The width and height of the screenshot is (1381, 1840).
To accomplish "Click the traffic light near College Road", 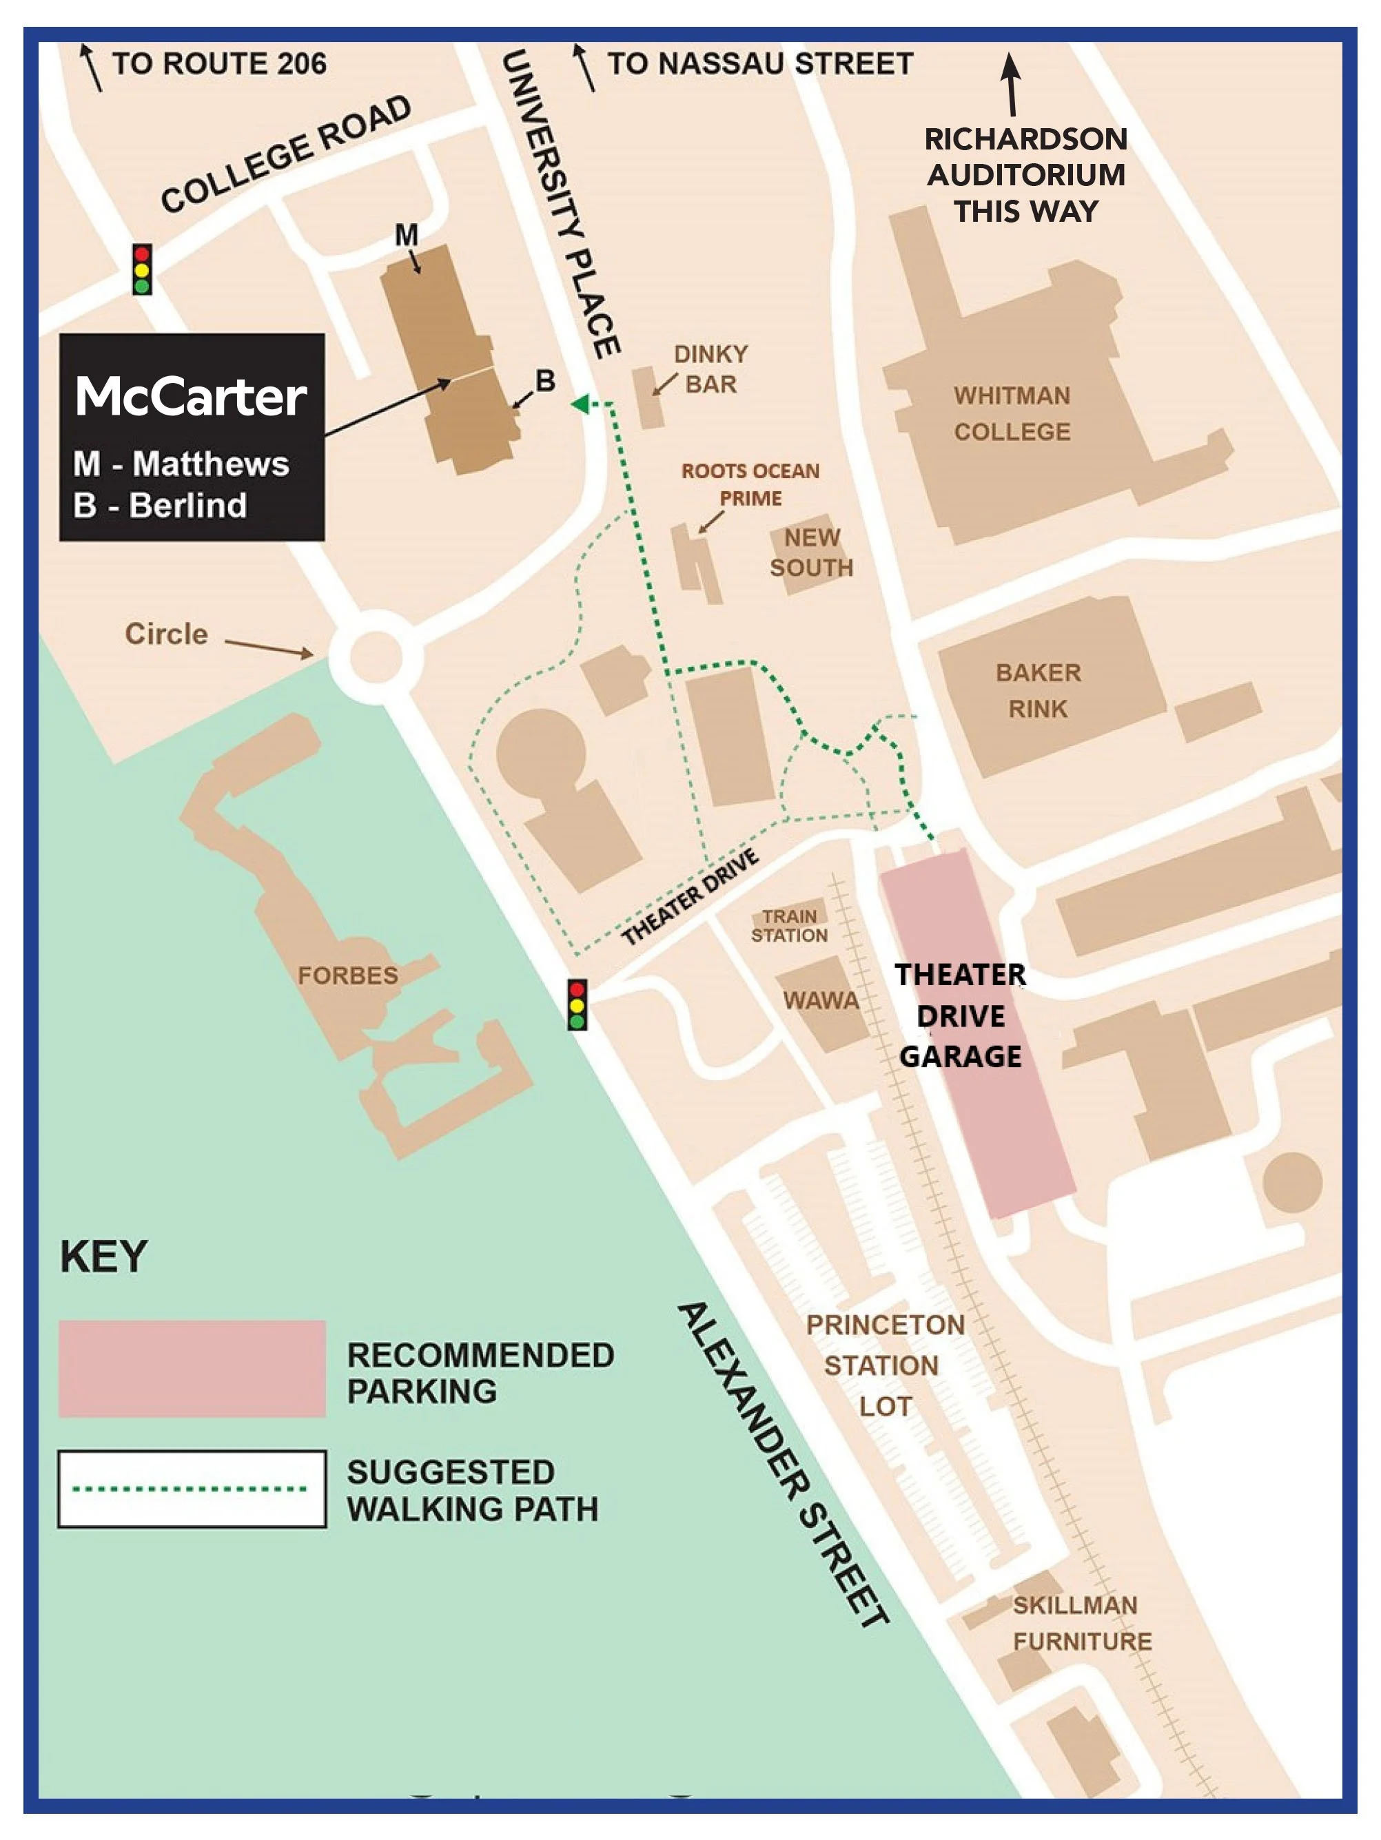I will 142,269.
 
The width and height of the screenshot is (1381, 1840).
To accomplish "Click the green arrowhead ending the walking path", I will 580,404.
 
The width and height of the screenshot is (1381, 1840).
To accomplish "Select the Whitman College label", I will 1012,413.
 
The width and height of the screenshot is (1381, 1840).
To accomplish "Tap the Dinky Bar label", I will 710,369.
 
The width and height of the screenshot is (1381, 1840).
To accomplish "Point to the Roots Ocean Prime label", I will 750,484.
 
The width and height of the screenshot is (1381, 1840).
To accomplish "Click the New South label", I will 811,552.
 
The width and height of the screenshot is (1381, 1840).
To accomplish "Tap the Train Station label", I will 790,925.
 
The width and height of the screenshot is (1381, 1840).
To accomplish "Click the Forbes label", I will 348,975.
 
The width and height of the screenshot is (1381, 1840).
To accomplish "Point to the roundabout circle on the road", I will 376,657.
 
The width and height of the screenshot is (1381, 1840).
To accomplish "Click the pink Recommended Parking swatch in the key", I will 192,1368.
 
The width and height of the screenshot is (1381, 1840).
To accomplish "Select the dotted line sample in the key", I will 192,1488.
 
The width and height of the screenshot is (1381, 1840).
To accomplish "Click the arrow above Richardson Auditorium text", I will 1011,83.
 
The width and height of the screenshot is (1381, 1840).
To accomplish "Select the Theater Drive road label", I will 690,897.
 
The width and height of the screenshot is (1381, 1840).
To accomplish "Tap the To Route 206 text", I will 219,64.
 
